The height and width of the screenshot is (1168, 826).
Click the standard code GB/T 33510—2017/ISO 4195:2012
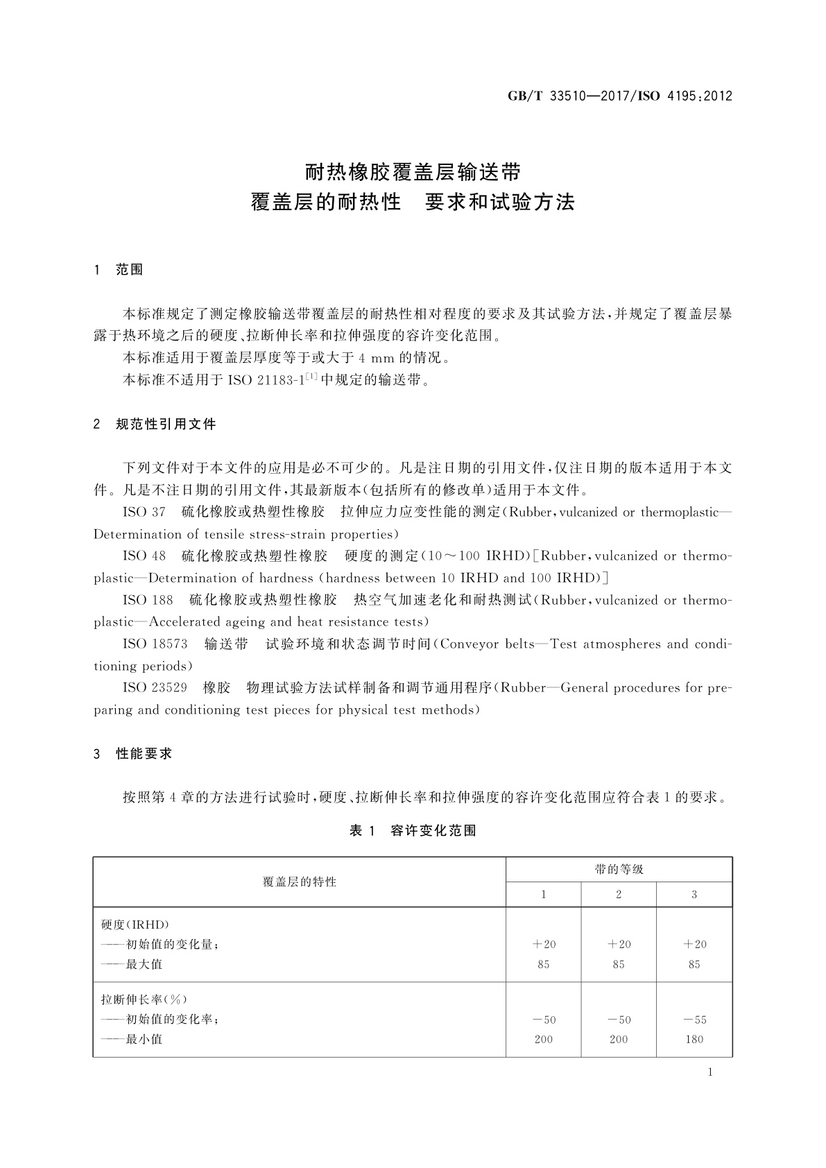(619, 96)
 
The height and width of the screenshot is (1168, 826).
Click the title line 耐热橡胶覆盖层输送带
(413, 171)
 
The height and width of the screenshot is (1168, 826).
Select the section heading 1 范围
(119, 270)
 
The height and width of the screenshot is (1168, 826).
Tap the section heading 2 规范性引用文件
(155, 424)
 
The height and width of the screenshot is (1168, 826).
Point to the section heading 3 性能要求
(132, 753)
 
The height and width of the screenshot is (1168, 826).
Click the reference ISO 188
(148, 600)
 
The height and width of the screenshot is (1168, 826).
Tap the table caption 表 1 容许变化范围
(413, 830)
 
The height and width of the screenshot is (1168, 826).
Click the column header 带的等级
(619, 869)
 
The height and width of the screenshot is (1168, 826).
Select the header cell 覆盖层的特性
(300, 882)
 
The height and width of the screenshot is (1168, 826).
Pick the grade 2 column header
(619, 895)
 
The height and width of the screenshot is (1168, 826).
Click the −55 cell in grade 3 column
(694, 1020)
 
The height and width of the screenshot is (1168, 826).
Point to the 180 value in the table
(694, 1039)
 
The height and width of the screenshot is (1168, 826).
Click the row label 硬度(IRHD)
(135, 925)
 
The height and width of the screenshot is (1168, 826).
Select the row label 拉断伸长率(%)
(144, 999)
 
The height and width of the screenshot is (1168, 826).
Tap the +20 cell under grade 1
(544, 944)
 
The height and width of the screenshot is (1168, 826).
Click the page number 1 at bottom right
(710, 1072)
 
